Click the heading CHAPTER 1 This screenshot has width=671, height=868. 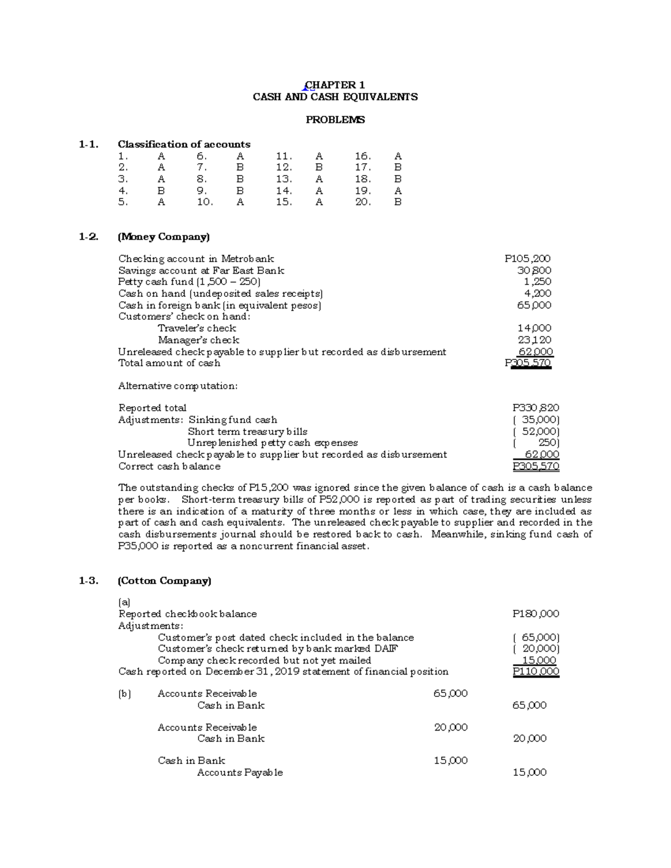point(334,85)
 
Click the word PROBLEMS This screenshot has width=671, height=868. point(335,120)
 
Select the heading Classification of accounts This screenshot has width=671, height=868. point(184,144)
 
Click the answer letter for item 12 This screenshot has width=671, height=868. point(319,167)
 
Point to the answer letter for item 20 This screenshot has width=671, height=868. point(398,202)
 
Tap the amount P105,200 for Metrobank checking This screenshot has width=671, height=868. point(527,259)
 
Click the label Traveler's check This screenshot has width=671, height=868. point(197,329)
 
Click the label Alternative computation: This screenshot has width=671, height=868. point(178,386)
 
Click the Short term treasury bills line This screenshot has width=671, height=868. point(248,431)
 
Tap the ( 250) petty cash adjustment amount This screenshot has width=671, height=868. point(537,443)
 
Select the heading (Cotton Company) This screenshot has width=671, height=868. point(164,581)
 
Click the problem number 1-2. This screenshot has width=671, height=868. point(88,237)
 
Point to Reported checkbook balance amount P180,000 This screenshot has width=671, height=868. point(536,614)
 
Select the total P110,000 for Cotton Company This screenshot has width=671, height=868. point(536,672)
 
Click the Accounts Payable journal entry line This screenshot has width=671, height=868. point(240,772)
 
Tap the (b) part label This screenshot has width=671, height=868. point(124,694)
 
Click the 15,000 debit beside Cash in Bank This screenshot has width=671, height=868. point(451,761)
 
